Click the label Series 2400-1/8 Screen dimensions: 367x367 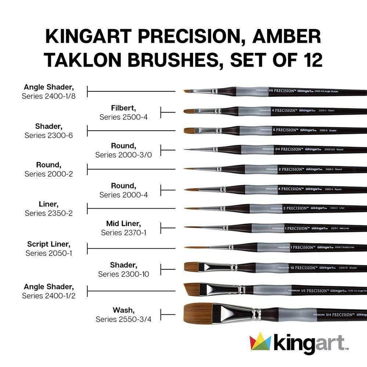pyautogui.click(x=48, y=96)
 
